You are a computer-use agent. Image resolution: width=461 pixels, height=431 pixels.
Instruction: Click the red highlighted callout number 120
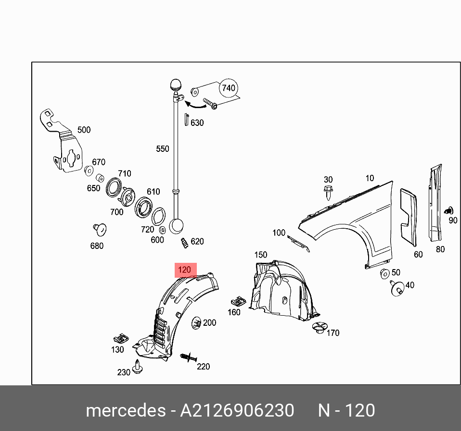[x=185, y=270]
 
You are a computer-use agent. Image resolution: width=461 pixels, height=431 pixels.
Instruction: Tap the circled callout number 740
[x=229, y=88]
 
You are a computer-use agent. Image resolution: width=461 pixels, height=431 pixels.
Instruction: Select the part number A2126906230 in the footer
[x=237, y=410]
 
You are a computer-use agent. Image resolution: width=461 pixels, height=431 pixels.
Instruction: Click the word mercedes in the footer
[x=126, y=410]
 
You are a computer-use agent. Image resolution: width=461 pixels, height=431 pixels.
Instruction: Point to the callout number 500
[x=84, y=130]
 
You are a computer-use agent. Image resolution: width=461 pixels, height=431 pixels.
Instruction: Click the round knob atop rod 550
[x=176, y=85]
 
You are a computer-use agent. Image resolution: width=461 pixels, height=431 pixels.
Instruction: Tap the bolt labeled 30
[x=328, y=192]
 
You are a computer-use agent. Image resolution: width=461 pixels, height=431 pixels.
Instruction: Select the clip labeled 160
[x=238, y=301]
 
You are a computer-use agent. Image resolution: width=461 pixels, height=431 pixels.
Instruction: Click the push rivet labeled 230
[x=137, y=367]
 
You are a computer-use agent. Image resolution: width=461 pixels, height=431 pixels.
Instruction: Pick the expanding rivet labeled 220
[x=189, y=357]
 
